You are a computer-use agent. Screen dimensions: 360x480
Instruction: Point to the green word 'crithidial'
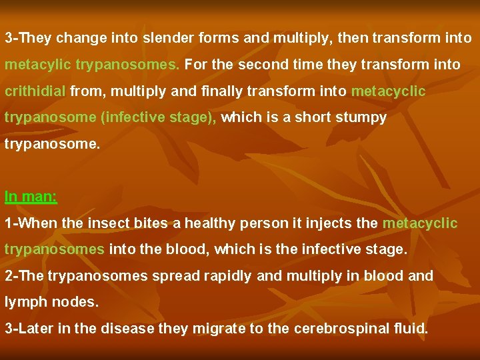(35, 91)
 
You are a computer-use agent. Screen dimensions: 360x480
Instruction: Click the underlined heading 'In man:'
(31, 197)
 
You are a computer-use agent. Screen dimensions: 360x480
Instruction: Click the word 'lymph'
(22, 302)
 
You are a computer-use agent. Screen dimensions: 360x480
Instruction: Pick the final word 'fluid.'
(409, 328)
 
